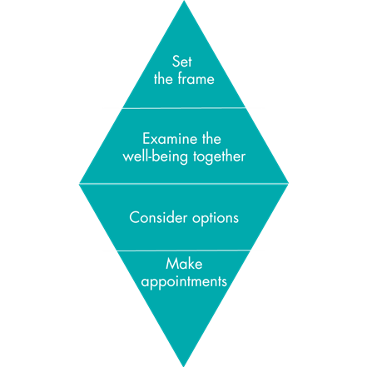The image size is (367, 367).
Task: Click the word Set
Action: (181, 62)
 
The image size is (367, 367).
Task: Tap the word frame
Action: (196, 78)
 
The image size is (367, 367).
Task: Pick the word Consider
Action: (158, 217)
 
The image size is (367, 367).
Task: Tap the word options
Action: (216, 218)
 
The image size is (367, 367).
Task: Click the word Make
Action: (184, 264)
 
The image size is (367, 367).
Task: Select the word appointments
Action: (184, 282)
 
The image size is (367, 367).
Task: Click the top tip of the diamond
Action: (184, 1)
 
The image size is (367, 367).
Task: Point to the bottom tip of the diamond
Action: (184, 366)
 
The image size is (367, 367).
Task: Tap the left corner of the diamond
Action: (79, 183)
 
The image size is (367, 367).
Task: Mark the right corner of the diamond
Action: (289, 183)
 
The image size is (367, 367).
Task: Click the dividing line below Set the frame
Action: (184, 108)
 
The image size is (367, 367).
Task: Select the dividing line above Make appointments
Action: (184, 250)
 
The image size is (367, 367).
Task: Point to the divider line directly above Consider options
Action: (184, 183)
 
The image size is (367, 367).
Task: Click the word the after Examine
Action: (211, 138)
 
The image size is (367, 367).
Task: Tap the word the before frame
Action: (163, 78)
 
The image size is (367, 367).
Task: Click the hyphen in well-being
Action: (151, 158)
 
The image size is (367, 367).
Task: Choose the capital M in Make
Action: (171, 264)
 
